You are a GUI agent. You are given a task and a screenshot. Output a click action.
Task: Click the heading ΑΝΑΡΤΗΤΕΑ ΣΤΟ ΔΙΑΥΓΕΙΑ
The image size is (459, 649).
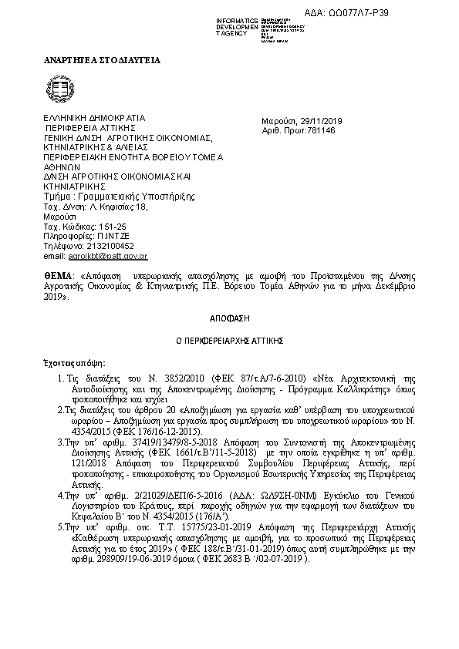coord(101,60)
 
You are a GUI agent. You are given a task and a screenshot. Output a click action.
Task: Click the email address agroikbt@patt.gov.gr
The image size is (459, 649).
coord(108,255)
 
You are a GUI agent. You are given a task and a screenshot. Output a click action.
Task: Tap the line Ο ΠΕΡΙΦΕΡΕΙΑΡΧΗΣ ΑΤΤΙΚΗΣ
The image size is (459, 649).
coord(229,339)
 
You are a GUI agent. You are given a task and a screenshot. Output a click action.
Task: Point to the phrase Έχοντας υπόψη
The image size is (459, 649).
coord(75,361)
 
